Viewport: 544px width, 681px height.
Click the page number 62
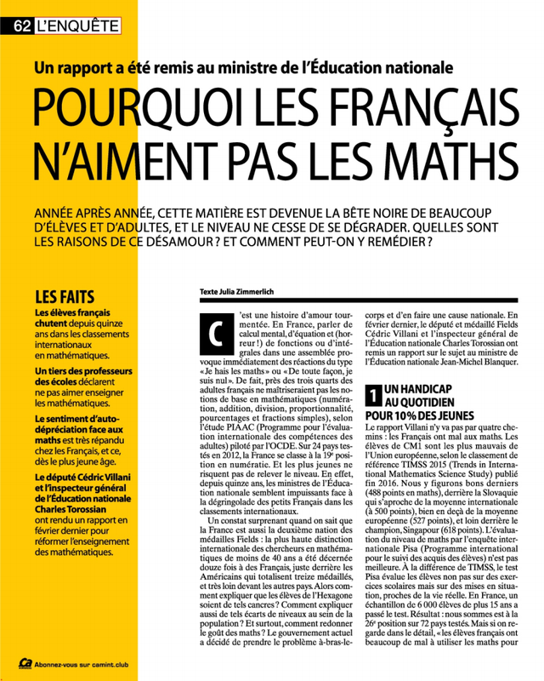[21, 26]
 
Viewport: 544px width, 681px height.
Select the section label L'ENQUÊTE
[77, 26]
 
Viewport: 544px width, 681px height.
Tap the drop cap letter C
[213, 335]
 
